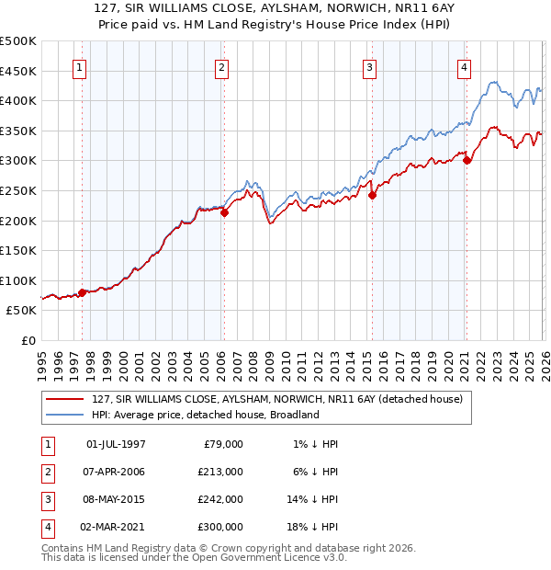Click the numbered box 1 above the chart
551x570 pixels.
(79, 67)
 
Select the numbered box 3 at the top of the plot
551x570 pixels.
(369, 67)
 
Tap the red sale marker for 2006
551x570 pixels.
(224, 213)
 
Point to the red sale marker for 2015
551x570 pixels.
(373, 195)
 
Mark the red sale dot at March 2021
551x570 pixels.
(467, 160)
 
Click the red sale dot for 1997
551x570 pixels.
(82, 293)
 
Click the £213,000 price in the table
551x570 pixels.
(219, 472)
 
